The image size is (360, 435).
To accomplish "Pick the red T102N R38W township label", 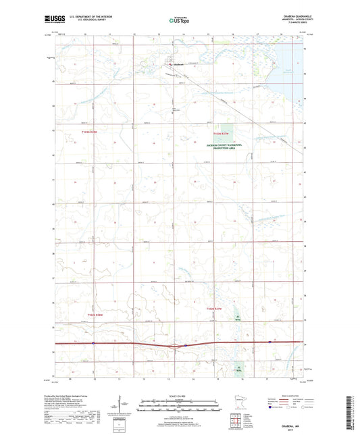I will (95, 314).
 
